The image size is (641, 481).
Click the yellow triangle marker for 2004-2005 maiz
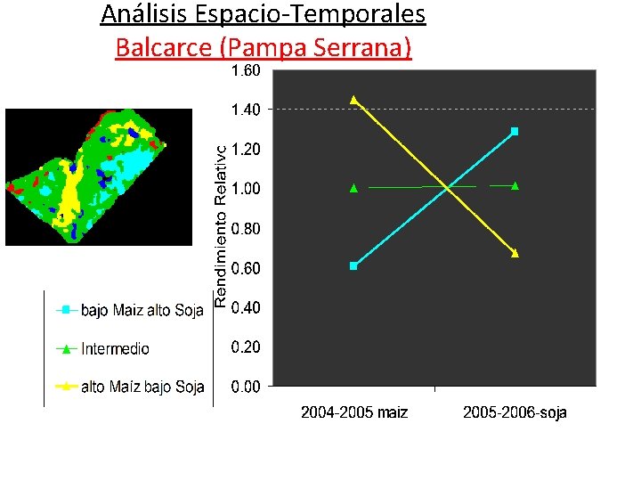click(353, 100)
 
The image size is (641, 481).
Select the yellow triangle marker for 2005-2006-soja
click(515, 254)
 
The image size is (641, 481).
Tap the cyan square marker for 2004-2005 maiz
click(353, 265)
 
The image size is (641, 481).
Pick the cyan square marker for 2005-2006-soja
click(515, 132)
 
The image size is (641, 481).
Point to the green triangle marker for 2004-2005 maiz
click(353, 188)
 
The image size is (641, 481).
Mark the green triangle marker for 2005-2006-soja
click(515, 186)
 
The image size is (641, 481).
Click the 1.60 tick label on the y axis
click(246, 70)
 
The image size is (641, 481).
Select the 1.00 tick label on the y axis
click(246, 189)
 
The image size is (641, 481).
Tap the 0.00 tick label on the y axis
click(246, 387)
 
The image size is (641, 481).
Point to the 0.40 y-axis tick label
click(246, 308)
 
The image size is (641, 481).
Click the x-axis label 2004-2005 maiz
click(354, 413)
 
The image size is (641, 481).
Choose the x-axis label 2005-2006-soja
click(515, 413)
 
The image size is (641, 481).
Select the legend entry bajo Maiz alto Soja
click(142, 311)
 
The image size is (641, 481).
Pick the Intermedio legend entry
click(115, 349)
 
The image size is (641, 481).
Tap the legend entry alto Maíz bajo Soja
click(142, 387)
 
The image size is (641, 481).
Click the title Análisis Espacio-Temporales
click(263, 14)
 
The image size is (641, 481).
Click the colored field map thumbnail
click(98, 176)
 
